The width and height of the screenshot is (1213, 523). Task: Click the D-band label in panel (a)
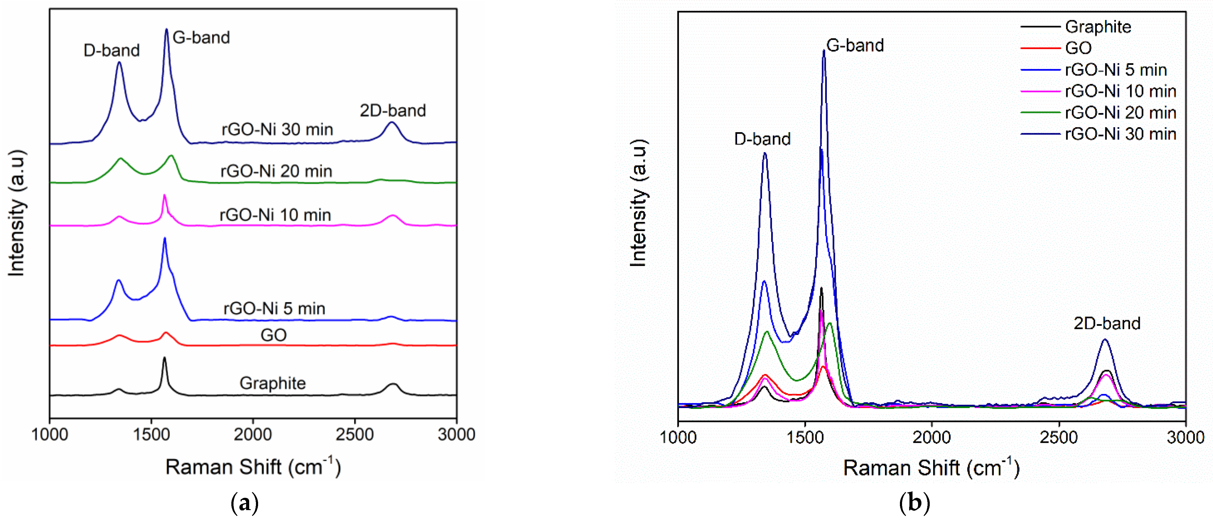pyautogui.click(x=112, y=50)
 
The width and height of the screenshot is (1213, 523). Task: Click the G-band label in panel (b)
pyautogui.click(x=855, y=46)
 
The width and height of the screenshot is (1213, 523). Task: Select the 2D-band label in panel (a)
pyautogui.click(x=393, y=111)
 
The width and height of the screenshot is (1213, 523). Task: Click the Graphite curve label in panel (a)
pyautogui.click(x=273, y=383)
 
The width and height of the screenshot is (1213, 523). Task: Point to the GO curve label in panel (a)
pyautogui.click(x=273, y=335)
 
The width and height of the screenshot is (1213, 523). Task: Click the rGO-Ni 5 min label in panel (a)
pyautogui.click(x=274, y=308)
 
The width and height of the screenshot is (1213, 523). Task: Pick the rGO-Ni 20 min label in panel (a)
pyautogui.click(x=277, y=171)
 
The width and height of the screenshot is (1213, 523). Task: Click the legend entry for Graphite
pyautogui.click(x=1098, y=27)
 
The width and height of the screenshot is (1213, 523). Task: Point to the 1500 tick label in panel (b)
pyautogui.click(x=804, y=437)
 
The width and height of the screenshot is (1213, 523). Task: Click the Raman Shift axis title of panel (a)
pyautogui.click(x=253, y=467)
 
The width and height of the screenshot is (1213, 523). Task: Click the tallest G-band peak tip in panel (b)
pyautogui.click(x=824, y=50)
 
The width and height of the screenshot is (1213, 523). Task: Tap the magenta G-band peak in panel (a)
pyautogui.click(x=164, y=195)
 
